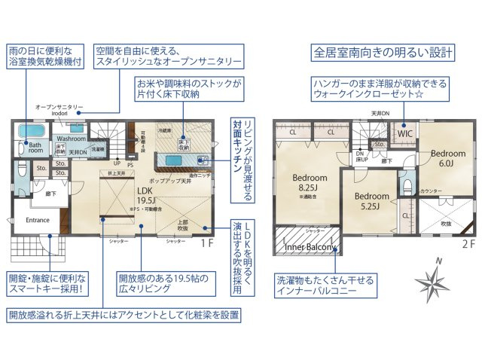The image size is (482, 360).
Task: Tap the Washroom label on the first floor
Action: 72,139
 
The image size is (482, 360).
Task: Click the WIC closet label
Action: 406,134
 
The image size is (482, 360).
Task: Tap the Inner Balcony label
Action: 310,246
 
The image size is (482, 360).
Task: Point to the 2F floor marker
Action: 467,244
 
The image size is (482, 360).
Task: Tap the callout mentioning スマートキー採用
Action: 47,282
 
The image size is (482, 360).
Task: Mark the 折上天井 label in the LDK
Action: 116,174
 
